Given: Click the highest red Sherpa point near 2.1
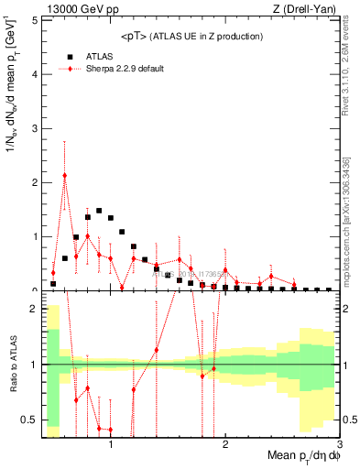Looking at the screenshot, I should pyautogui.click(x=65, y=175).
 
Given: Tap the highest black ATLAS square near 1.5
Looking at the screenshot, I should pyautogui.click(x=99, y=211).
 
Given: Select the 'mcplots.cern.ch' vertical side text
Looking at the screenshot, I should pyautogui.click(x=348, y=220).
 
